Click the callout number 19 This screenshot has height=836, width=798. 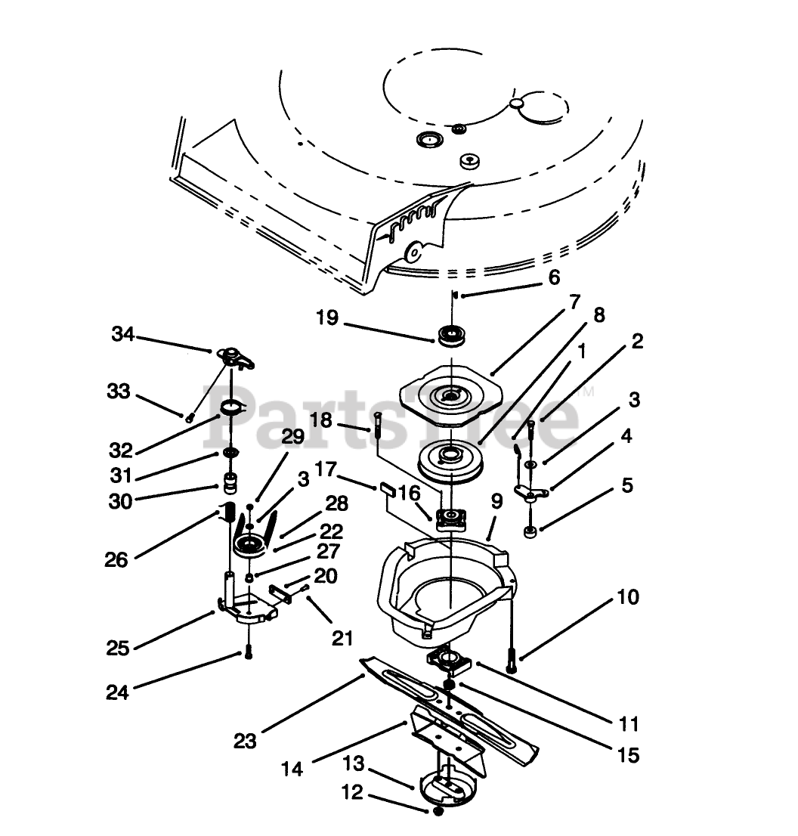coord(327,318)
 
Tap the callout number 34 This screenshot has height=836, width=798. coord(123,334)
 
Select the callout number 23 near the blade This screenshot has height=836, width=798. coord(245,741)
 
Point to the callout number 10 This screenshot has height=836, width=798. coord(628,597)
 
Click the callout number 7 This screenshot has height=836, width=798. coord(574,302)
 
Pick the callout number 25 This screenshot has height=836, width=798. coord(118,649)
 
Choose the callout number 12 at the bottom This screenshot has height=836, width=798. coord(352,792)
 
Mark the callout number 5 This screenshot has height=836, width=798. coord(627,486)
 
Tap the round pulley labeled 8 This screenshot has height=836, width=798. coord(450,460)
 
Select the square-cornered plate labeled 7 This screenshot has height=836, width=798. coord(451,393)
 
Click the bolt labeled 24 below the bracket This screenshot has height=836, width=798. coord(249,652)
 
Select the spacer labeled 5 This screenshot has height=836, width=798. coord(530,532)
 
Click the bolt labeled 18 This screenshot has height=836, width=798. coord(377,424)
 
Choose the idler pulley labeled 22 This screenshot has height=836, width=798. coord(252,546)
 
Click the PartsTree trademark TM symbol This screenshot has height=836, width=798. coord(586,393)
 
